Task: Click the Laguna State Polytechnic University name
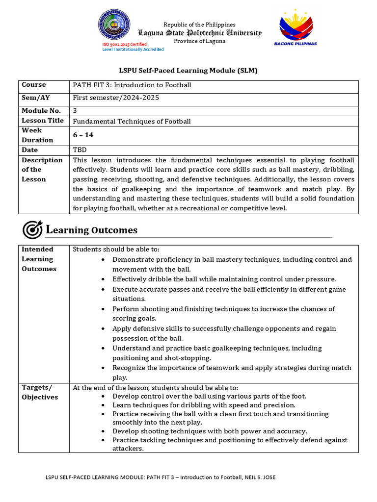[x=199, y=33]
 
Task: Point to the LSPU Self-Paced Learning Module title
[x=189, y=71]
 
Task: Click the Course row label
[x=34, y=85]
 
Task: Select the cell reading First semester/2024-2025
[x=116, y=98]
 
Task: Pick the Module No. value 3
[x=75, y=111]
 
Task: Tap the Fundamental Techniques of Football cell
[x=132, y=121]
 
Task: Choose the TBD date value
[x=80, y=150]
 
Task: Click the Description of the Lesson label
[x=42, y=170]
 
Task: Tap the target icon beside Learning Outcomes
[x=32, y=229]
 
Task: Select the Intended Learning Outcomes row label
[x=39, y=259]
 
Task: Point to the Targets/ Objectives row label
[x=40, y=392]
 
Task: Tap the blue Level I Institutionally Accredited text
[x=133, y=50]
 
